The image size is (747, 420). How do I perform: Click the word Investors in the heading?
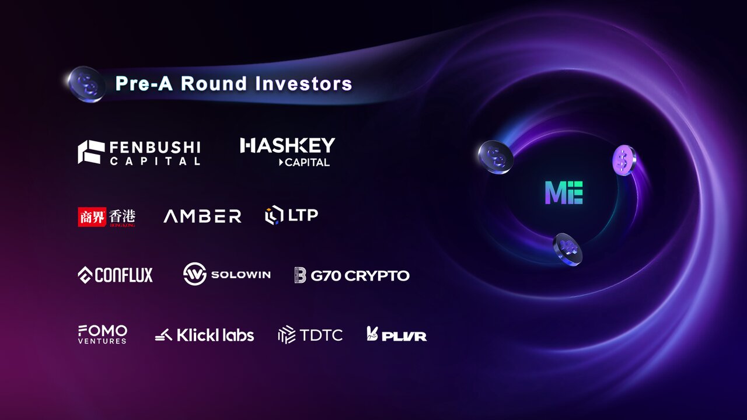(303, 83)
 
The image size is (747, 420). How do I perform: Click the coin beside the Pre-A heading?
(86, 85)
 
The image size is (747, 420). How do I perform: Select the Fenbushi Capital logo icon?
(91, 152)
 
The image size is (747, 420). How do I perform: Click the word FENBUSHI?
(155, 148)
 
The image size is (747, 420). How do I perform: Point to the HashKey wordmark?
(288, 146)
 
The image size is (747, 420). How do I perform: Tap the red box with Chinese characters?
(92, 216)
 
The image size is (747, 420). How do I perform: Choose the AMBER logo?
(203, 216)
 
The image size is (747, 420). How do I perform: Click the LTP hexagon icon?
(274, 215)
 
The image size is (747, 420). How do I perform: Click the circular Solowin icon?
(195, 274)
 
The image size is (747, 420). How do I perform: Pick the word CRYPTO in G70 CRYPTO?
(377, 276)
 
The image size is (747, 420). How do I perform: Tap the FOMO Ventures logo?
(103, 334)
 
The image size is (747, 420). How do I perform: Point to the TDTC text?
(321, 335)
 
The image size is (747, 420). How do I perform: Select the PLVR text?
(404, 337)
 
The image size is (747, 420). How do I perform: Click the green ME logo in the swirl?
(564, 192)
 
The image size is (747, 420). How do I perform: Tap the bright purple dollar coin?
(624, 160)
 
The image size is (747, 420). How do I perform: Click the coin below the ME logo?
(567, 249)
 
